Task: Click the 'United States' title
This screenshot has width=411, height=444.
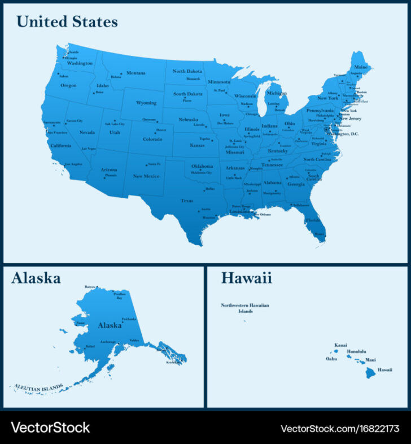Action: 67,22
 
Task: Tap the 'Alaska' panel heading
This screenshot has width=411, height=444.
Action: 36,278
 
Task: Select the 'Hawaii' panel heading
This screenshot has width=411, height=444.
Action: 246,278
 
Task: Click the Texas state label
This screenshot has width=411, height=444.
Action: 187,201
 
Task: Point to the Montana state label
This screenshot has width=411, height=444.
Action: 135,73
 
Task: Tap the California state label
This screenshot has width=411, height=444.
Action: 61,145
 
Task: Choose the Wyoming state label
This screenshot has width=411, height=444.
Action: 146,103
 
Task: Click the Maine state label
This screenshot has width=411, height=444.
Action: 360,67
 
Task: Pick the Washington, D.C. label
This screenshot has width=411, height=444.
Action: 346,134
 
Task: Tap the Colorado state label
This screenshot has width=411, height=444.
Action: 152,139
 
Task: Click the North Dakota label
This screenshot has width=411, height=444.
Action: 187,71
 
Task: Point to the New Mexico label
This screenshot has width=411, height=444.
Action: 146,176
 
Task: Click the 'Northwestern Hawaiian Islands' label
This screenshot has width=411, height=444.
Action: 245,308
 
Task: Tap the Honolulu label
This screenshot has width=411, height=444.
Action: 356,351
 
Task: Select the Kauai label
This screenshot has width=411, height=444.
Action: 340,345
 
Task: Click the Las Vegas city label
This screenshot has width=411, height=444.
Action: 89,149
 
